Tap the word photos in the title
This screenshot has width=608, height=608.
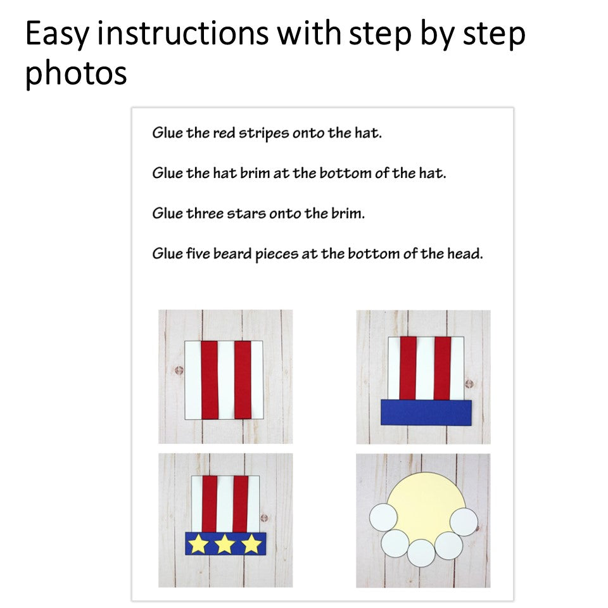tap(76, 73)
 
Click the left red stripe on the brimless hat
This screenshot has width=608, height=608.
tap(210, 379)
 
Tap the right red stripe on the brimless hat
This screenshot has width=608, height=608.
tap(243, 379)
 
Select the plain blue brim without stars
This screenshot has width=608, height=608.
tap(426, 412)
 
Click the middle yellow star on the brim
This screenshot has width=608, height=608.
tap(225, 544)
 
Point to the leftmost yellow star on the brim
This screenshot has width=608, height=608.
tap(198, 544)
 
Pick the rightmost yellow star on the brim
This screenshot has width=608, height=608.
tap(251, 544)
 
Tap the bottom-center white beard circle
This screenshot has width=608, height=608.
tap(421, 552)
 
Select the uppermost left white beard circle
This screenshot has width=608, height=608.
tap(383, 517)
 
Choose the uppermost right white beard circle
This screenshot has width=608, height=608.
tap(464, 522)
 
